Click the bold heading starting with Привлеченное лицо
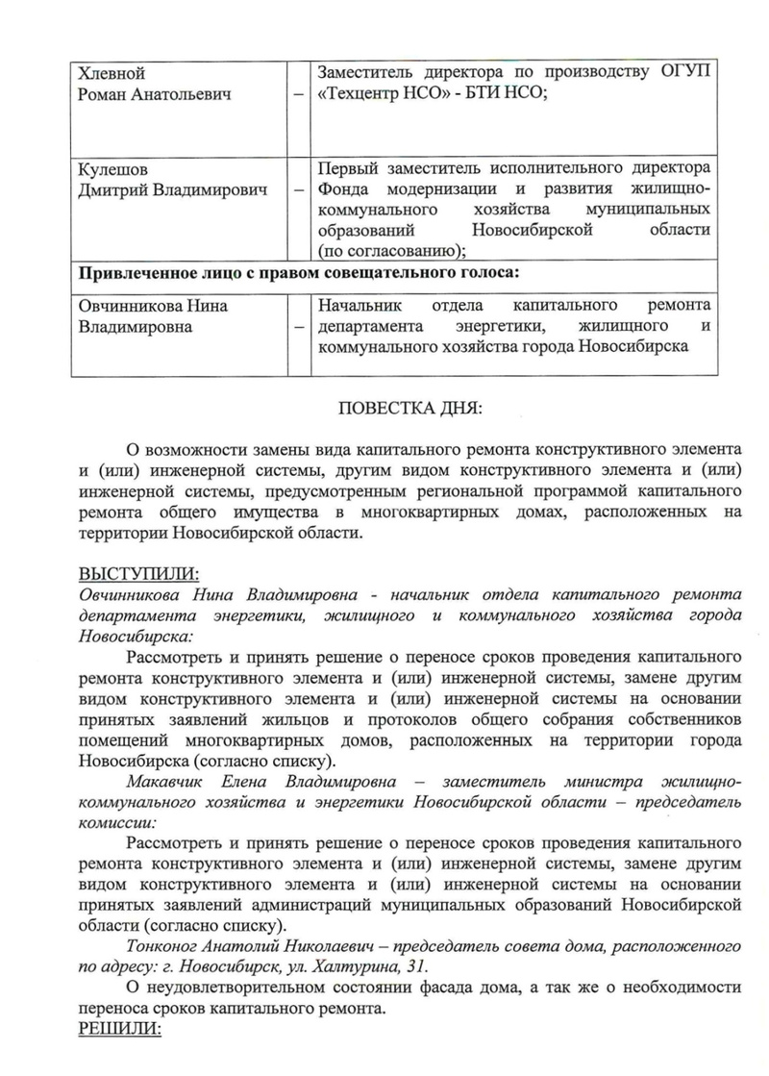299,272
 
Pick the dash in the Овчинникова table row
301,328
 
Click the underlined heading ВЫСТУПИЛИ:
137,574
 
